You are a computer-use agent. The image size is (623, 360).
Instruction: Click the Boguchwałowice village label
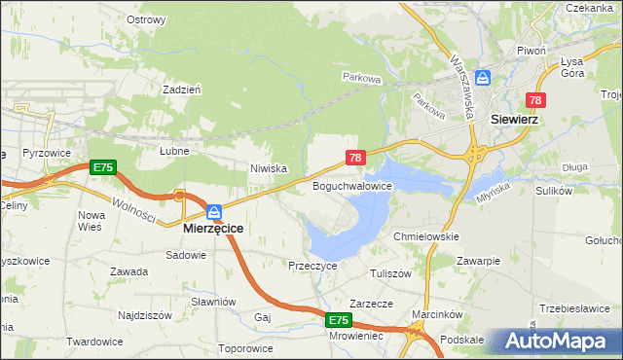click(351, 185)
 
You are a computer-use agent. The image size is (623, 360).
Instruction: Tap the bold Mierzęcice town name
click(213, 228)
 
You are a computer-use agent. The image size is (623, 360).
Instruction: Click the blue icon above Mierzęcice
click(213, 210)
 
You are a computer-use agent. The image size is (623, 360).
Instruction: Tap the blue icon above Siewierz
click(493, 80)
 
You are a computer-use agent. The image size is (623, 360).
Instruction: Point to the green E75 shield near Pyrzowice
click(102, 167)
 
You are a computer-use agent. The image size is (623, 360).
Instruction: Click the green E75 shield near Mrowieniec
click(337, 319)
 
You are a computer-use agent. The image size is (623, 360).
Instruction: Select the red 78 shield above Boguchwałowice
click(355, 158)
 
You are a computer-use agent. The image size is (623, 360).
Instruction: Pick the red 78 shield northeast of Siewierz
click(535, 100)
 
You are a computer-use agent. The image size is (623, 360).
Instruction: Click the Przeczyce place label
click(312, 265)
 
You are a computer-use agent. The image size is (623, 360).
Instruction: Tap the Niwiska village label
click(268, 168)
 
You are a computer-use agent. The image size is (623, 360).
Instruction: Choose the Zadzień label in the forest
click(182, 88)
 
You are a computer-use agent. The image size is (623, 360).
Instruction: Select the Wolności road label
click(128, 207)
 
